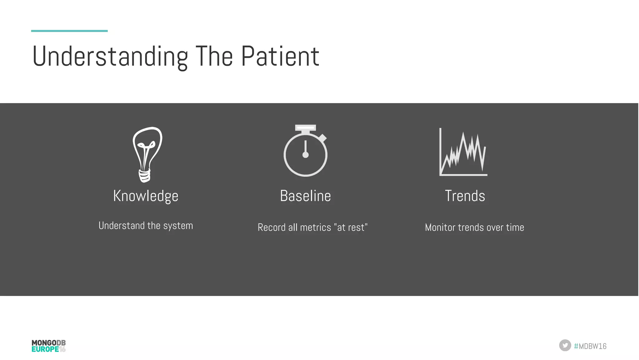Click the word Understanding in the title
pos(110,57)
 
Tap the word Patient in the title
pos(280,57)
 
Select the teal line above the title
pos(69,31)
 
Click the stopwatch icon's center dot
pos(305,155)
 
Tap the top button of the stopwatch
pos(305,127)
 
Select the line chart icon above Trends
pos(463,153)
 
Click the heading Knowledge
pos(146,196)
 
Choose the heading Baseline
pos(305,196)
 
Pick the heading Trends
pos(465,196)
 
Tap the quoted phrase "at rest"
pos(352,228)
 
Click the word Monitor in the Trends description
pos(440,228)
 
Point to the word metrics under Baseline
pos(315,228)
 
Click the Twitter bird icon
pos(565,345)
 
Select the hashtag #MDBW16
pos(590,346)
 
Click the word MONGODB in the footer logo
pos(48,343)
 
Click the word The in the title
pos(214,57)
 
